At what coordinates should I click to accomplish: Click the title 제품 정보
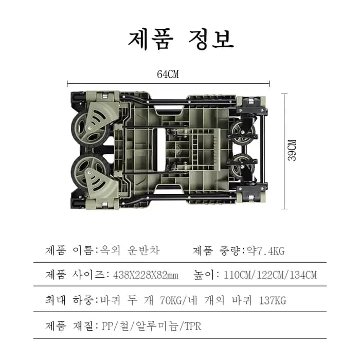point(181,40)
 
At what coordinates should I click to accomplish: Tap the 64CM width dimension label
point(168,74)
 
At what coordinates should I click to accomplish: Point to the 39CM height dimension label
point(292,150)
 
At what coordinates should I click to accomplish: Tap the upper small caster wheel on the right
point(242,132)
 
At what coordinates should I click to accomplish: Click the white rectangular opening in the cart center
point(161,150)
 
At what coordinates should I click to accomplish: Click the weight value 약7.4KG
point(266,251)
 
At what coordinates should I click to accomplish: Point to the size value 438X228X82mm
point(146,275)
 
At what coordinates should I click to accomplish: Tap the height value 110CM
point(238,275)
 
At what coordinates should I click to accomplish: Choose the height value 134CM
point(303,275)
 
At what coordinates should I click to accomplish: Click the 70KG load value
point(171,300)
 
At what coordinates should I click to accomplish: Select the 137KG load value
point(273,300)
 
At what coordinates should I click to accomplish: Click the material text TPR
point(193,326)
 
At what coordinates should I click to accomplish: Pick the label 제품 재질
point(69,326)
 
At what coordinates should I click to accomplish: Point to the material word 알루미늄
point(157,326)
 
